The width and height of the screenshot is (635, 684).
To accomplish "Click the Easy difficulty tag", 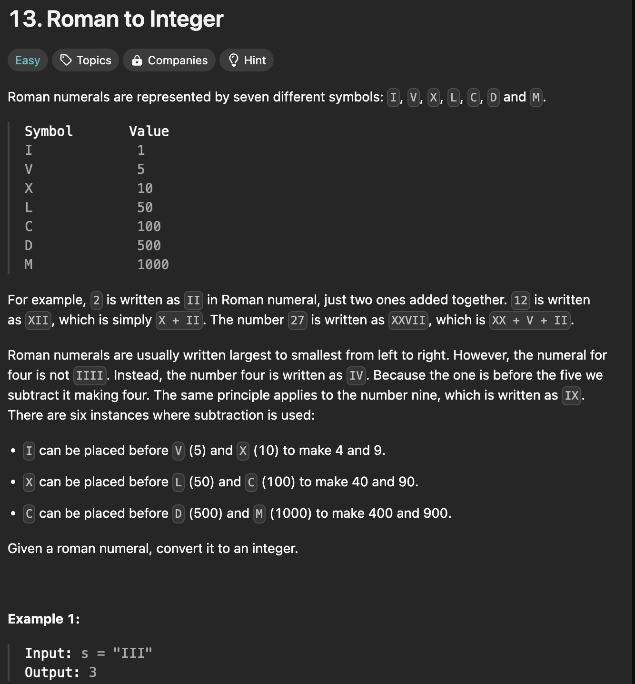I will (x=28, y=60).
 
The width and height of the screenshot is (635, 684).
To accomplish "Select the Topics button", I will (x=86, y=60).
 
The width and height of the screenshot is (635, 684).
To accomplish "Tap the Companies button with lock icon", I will (x=169, y=60).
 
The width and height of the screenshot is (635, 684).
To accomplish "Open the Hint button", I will (x=247, y=60).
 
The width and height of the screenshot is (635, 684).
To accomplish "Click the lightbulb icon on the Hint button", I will (x=233, y=60).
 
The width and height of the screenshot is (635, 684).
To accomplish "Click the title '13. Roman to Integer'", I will (x=116, y=19).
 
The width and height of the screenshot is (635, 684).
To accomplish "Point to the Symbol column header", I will (x=49, y=131).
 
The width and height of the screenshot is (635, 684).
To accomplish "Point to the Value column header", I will (x=149, y=131).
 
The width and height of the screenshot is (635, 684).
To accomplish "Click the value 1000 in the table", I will (x=153, y=264).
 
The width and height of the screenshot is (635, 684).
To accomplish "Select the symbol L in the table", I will (x=29, y=207).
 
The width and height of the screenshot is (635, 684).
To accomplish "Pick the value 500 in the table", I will (x=149, y=245).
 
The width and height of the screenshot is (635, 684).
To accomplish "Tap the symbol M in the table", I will (x=29, y=264).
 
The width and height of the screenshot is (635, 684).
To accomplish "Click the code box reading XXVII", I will (x=408, y=320).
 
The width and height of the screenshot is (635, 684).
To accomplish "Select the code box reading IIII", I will (x=89, y=375).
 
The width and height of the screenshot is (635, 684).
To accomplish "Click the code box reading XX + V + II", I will (x=530, y=320).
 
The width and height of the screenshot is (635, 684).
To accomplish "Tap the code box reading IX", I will (x=571, y=395).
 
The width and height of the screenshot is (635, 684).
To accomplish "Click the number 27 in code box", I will (x=298, y=320).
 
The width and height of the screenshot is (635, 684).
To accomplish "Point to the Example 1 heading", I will (x=44, y=619).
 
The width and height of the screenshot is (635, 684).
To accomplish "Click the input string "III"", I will (x=132, y=653).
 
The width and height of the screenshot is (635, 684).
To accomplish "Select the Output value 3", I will (x=92, y=672).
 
